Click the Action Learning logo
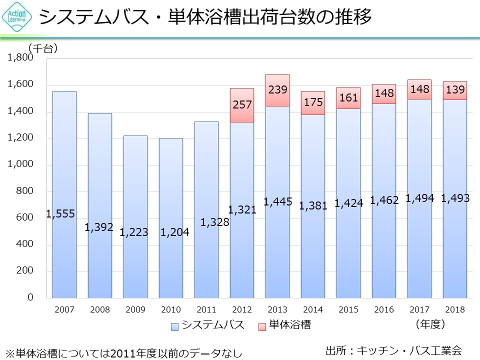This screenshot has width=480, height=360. click(18, 18)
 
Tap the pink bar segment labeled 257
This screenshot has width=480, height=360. click(242, 105)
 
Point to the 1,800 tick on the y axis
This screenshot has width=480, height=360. click(20, 58)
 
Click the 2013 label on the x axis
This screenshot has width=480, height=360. click(277, 310)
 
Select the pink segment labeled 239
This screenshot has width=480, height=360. click(277, 90)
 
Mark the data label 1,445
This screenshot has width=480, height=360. click(277, 202)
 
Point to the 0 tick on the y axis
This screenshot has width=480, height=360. click(30, 298)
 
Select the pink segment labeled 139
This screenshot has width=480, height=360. click(455, 90)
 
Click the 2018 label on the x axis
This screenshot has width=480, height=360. click(455, 310)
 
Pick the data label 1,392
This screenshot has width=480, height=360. click(99, 227)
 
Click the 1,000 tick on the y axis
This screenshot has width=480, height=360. click(20, 164)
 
